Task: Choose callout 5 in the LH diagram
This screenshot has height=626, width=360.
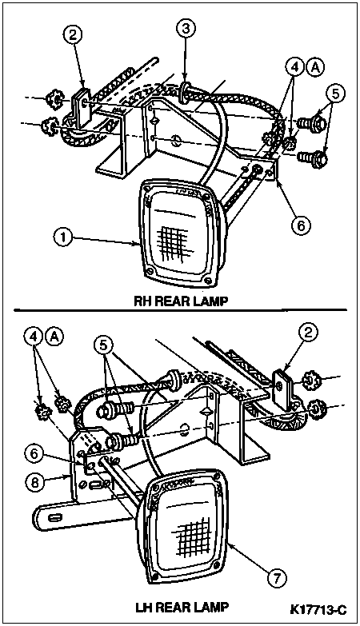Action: point(105,345)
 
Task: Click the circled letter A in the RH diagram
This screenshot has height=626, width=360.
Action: point(316,69)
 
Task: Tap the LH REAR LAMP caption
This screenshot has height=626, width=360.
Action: point(182,608)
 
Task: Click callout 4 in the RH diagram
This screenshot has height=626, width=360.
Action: point(295,69)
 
